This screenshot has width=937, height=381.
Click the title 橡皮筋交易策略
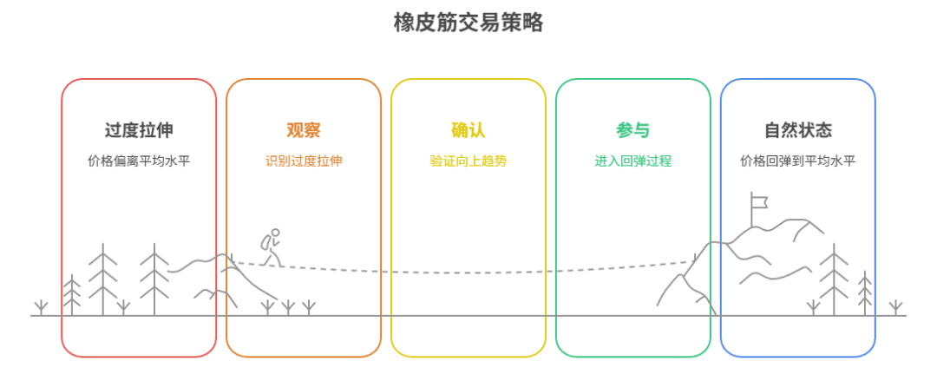click(x=468, y=23)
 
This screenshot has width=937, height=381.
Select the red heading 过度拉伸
click(x=139, y=130)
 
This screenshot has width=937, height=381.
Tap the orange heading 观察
click(x=304, y=130)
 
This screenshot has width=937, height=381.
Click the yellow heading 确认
click(x=468, y=130)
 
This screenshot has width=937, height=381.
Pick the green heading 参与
click(x=633, y=130)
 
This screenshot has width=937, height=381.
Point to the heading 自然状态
click(x=798, y=130)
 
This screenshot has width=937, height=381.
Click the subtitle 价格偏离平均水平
click(x=139, y=161)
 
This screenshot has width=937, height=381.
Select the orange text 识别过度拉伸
click(x=304, y=161)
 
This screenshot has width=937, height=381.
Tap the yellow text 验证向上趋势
click(x=468, y=161)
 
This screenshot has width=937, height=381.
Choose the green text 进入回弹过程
click(x=633, y=161)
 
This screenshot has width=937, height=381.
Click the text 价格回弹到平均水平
click(x=798, y=161)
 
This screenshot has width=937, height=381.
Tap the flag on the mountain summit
click(x=760, y=202)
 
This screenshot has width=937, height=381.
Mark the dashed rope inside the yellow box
click(x=468, y=272)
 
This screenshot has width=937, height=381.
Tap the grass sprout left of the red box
click(x=40, y=307)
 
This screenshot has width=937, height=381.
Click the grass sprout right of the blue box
click(x=895, y=307)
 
